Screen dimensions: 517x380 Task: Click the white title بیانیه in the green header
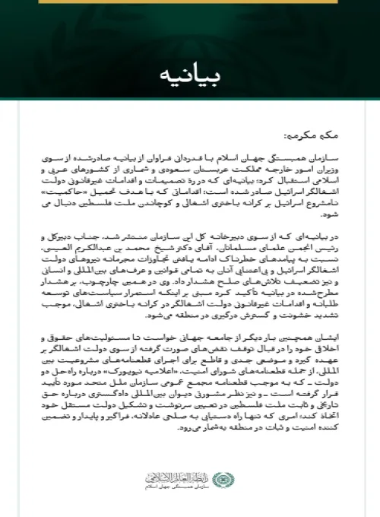pos(189,77)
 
